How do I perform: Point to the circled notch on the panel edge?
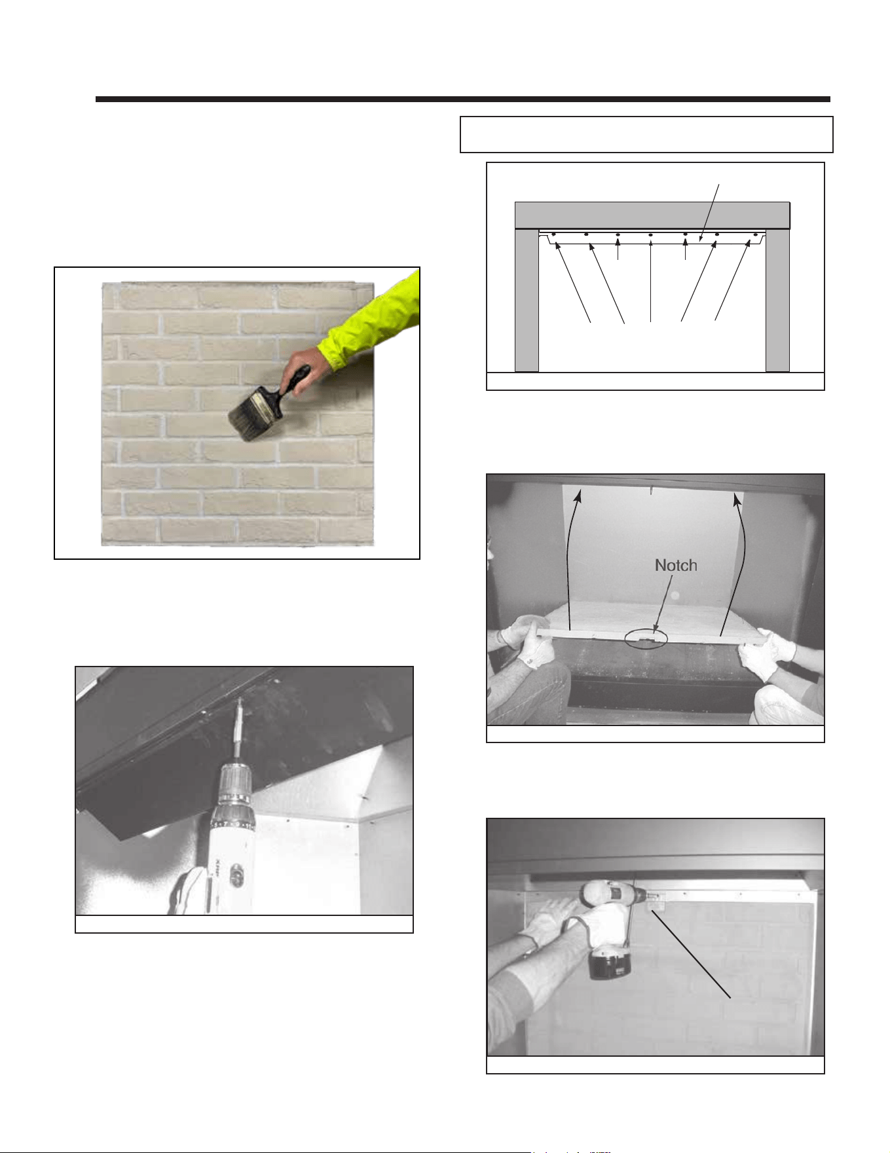pos(646,638)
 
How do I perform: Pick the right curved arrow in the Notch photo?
pos(733,563)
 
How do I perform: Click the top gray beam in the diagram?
pos(652,215)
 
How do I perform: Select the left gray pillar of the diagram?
pos(527,301)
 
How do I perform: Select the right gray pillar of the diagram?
pos(777,301)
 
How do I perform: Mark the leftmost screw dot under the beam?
pos(554,234)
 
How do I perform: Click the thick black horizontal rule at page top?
pos(463,100)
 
